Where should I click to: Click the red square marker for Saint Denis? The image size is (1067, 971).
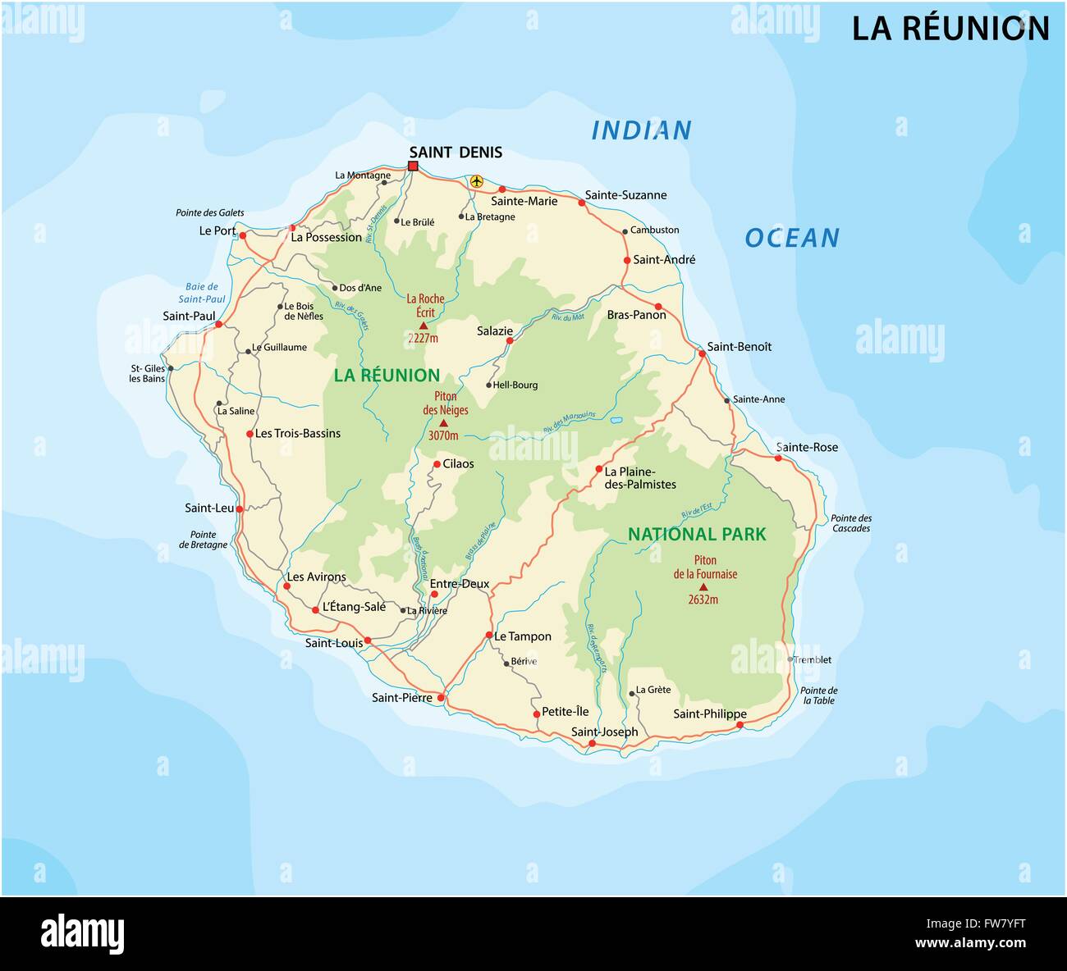click(413, 166)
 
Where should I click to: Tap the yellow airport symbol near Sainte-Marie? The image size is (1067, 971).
click(476, 181)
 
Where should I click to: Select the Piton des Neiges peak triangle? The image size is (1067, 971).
click(444, 423)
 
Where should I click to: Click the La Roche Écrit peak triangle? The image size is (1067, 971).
click(424, 326)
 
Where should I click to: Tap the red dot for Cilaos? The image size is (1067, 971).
click(437, 464)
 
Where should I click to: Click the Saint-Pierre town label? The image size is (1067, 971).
click(401, 698)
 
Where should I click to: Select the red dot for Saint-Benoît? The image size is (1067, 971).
click(703, 353)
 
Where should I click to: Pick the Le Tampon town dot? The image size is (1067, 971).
click(489, 636)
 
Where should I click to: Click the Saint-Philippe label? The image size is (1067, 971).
click(709, 713)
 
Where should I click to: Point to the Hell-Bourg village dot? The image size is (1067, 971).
click(489, 385)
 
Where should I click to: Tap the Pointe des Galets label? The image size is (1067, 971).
click(209, 212)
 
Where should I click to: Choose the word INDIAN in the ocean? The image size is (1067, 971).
click(641, 130)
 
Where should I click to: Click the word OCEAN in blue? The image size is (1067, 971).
click(791, 238)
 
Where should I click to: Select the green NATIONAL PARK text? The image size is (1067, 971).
click(697, 534)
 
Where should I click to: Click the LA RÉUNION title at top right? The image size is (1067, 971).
click(950, 29)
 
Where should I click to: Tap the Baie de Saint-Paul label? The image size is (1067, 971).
click(202, 293)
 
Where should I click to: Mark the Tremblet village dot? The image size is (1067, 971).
click(790, 659)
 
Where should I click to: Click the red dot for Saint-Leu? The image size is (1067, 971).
click(240, 508)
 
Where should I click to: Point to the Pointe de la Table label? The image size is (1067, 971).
click(819, 695)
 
